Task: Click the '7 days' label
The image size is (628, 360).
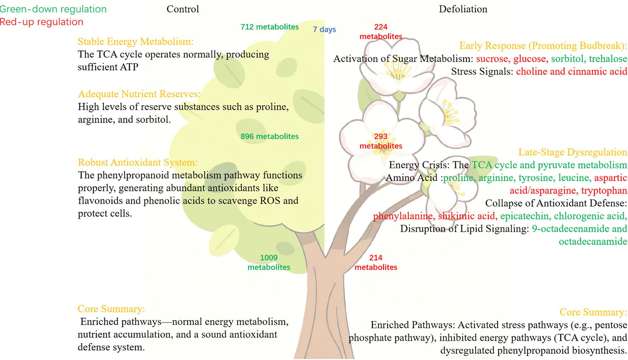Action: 324,29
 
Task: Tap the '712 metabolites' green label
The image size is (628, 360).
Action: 269,27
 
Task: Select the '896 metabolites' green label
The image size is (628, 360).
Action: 269,136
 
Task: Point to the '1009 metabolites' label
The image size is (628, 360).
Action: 269,263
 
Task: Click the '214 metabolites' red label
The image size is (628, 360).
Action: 376,263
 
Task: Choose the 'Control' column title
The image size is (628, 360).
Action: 183,9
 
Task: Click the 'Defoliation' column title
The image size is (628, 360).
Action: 463,9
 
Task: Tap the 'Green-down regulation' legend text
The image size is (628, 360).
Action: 53,9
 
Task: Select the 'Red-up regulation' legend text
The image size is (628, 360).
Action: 41,22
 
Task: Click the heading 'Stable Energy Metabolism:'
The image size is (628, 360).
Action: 135,41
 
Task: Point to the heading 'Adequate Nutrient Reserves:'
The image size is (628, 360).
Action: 139,94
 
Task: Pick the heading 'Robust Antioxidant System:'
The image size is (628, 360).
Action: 138,162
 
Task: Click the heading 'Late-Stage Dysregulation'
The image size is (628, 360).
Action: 572,152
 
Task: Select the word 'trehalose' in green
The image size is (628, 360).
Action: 608,59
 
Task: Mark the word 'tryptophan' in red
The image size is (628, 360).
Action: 604,191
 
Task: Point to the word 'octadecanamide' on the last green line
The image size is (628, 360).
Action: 593,242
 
